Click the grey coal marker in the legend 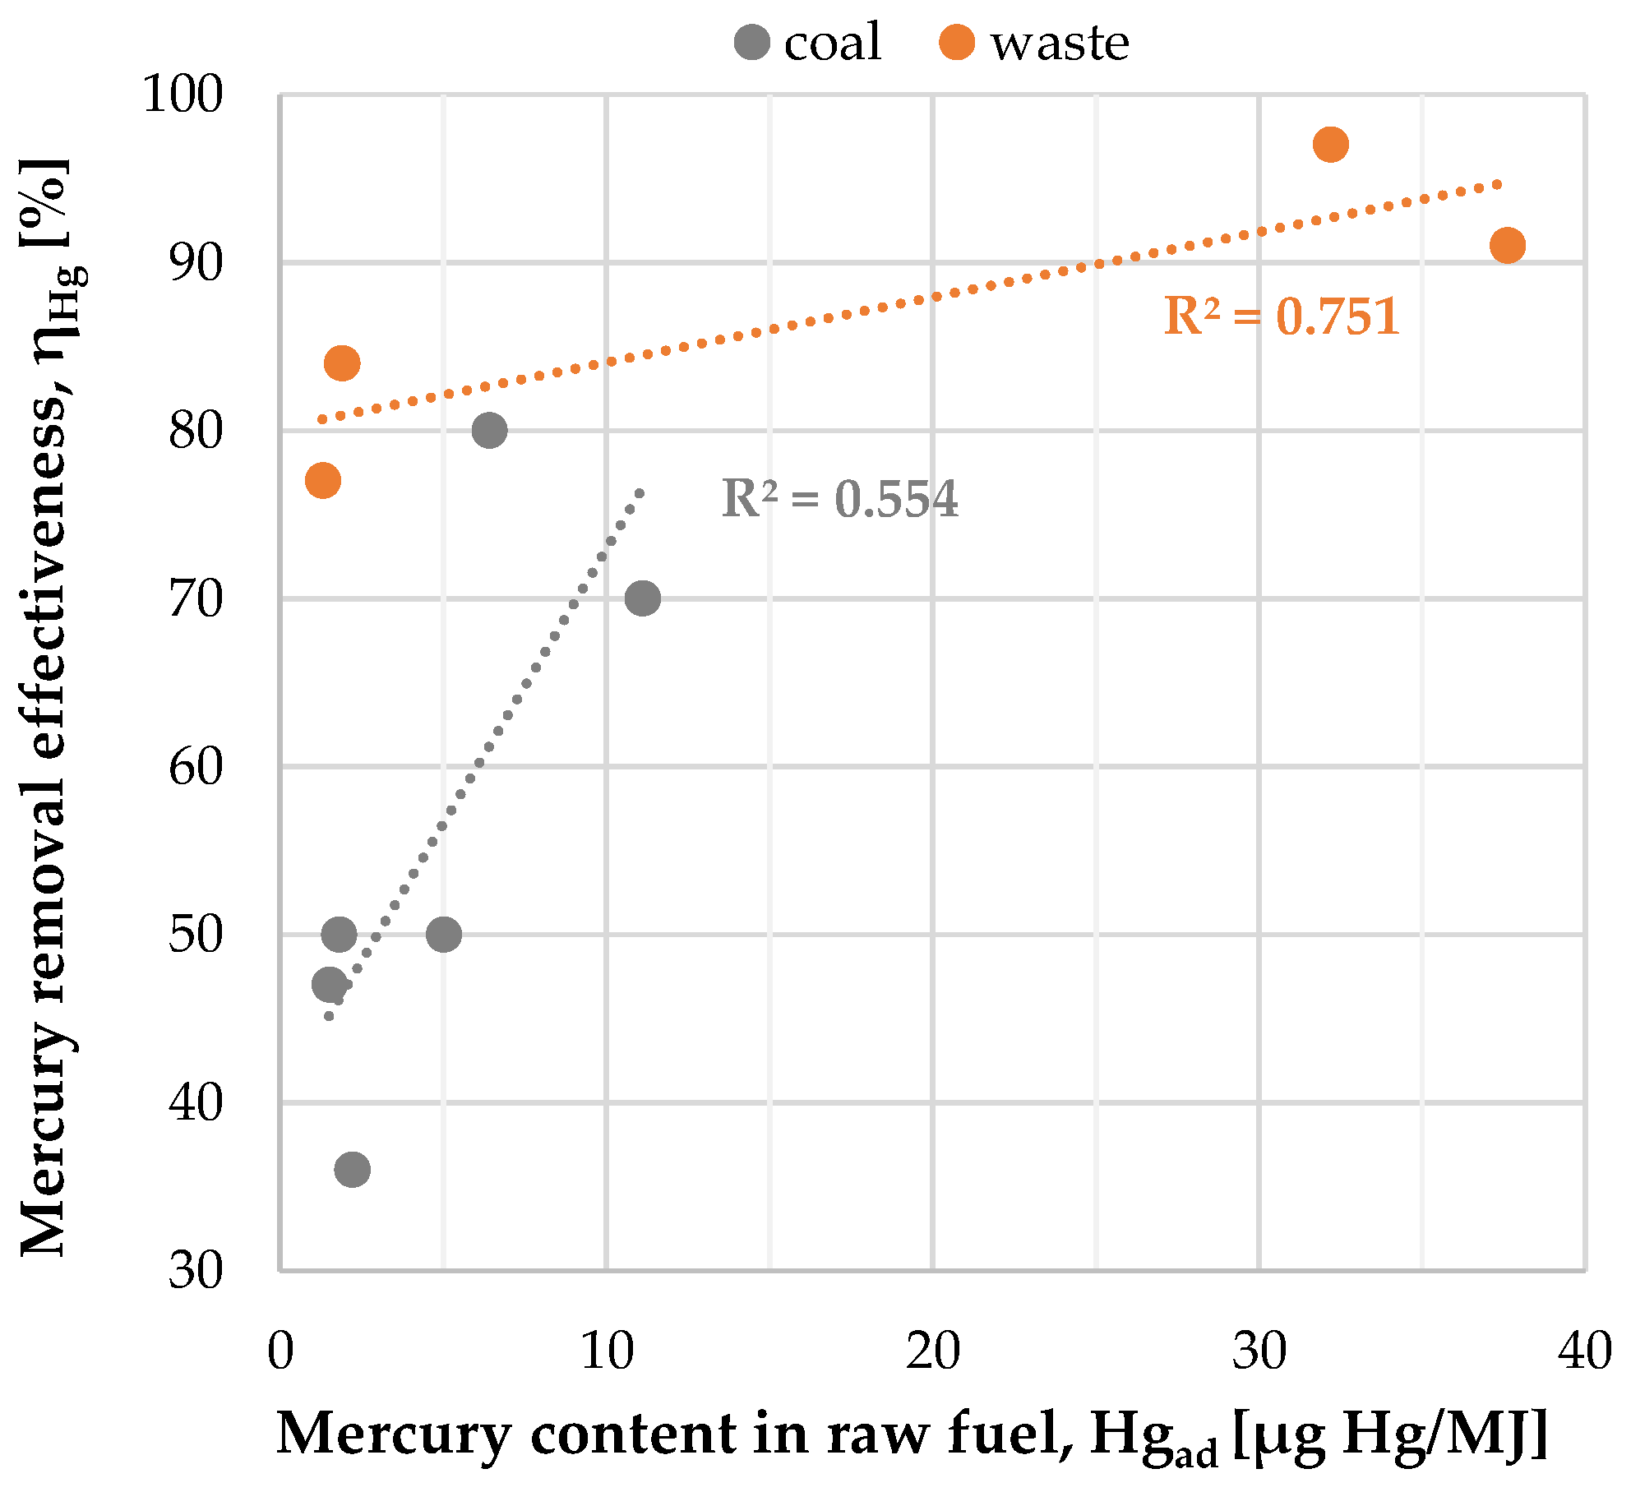[x=751, y=42]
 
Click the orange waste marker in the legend [x=957, y=42]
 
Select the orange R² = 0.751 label [x=1281, y=316]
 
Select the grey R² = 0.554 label [x=839, y=499]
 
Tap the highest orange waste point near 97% [x=1330, y=145]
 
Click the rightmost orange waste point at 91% [x=1507, y=245]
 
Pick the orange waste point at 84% [x=342, y=363]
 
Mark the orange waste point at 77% [x=323, y=480]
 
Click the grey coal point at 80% [x=489, y=430]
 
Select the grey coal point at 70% [x=642, y=598]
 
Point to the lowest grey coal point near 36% [x=352, y=1169]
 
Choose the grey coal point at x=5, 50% [x=444, y=934]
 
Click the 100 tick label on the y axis [x=183, y=95]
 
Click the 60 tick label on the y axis [x=196, y=767]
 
